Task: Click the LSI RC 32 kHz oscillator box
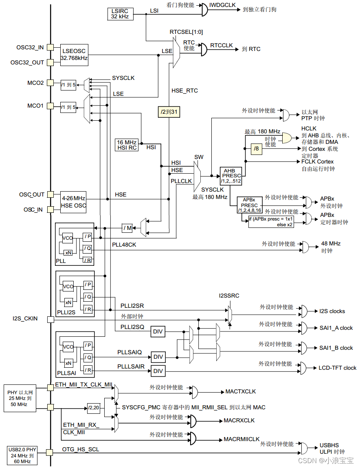(119, 14)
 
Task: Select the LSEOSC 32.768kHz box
(74, 55)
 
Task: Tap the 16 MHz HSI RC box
(127, 145)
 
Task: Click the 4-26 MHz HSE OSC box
(74, 202)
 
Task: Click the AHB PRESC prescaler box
(230, 176)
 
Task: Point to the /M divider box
(127, 228)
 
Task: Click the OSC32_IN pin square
(50, 47)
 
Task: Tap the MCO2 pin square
(50, 83)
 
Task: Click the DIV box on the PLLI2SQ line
(158, 332)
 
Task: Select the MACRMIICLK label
(241, 439)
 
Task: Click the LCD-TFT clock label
(337, 368)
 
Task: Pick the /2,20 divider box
(94, 407)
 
